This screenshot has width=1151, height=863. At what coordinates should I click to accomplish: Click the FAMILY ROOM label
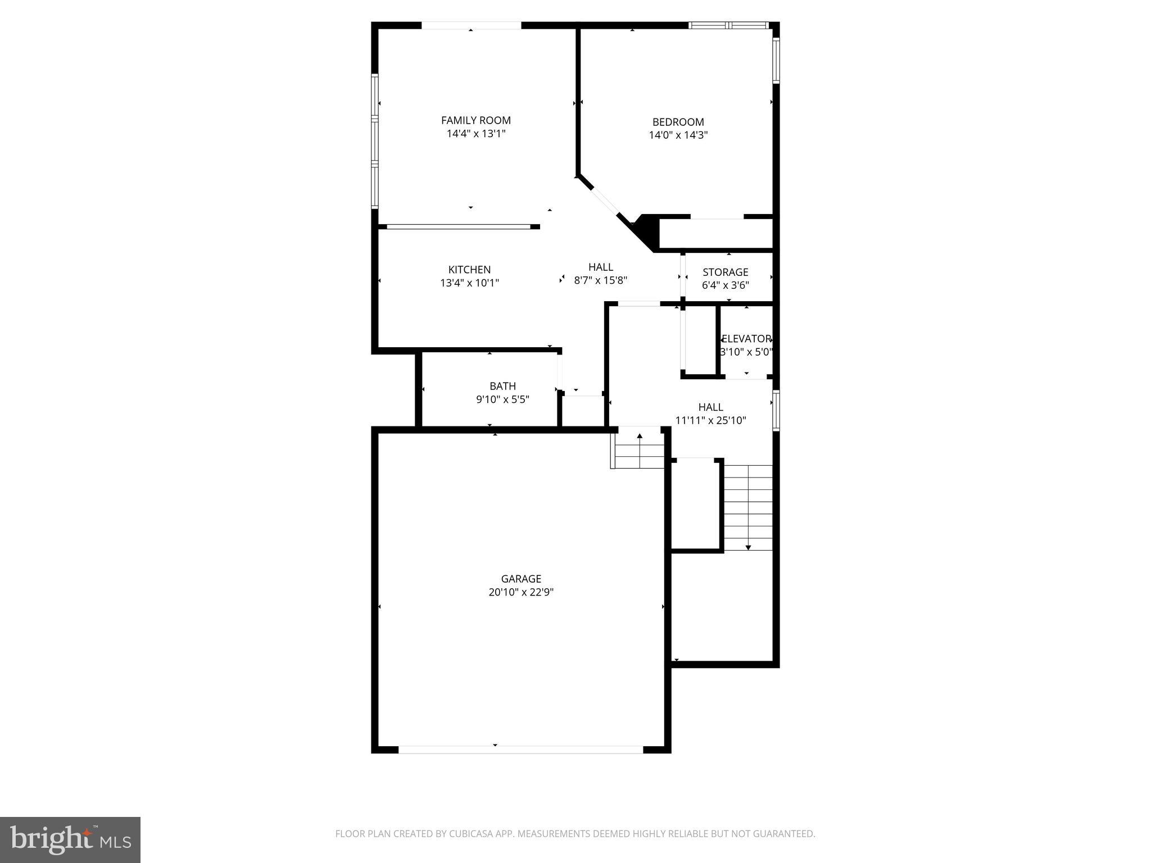point(475,120)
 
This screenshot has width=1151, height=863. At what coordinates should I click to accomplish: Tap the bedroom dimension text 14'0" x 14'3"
point(678,135)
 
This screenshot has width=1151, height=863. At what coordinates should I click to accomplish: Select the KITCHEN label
point(469,270)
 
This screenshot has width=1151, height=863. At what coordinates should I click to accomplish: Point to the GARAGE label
point(521,579)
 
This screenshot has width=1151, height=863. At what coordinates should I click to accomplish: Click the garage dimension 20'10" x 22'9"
point(521,592)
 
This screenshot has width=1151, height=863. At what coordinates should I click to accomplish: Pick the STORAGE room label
point(725,272)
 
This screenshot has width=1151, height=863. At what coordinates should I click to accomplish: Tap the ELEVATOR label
point(746,339)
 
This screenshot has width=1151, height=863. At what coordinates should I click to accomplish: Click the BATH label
point(502,386)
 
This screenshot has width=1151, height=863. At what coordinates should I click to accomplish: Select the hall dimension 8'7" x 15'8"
point(600,280)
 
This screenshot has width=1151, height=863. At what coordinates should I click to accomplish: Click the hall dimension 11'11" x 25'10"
point(710,420)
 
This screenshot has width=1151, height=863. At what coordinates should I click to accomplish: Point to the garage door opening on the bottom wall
point(520,750)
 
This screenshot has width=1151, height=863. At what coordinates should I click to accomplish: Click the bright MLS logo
point(70,839)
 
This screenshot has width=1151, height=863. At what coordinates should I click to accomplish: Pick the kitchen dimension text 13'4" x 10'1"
point(469,283)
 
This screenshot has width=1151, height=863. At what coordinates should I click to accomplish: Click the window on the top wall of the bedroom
point(728,25)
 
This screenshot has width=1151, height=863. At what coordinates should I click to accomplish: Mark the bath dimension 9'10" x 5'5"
point(502,399)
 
